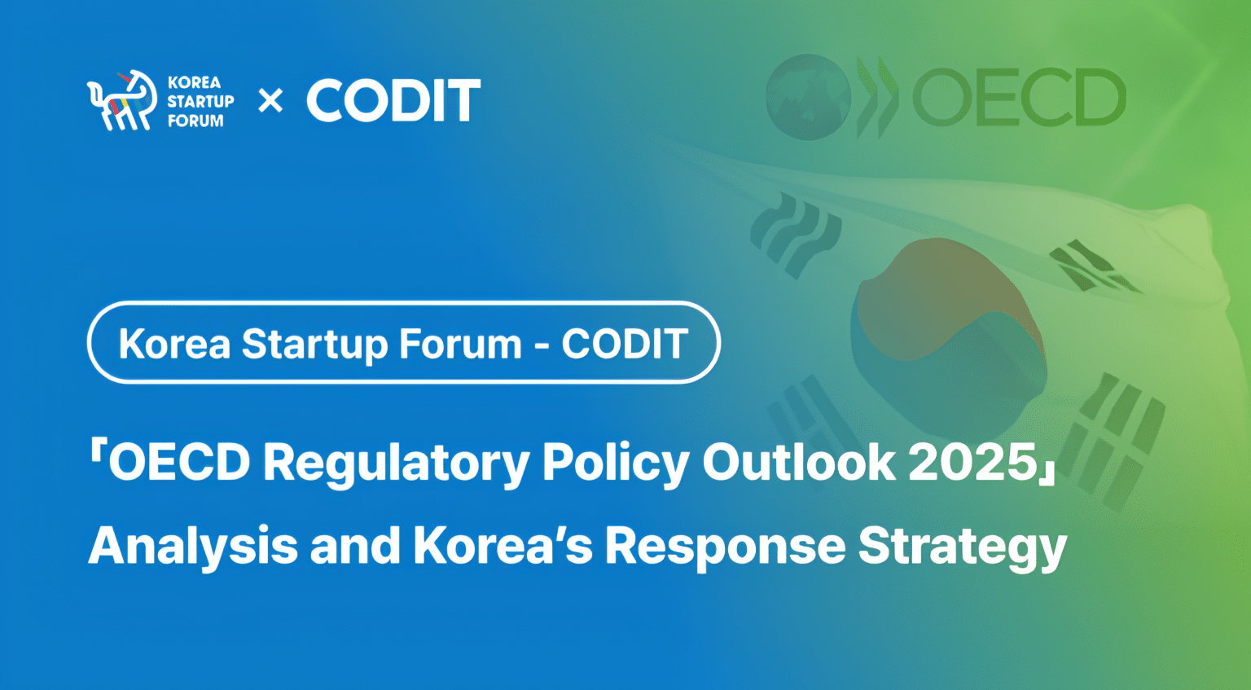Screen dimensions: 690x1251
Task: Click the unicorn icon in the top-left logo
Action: pyautogui.click(x=121, y=100)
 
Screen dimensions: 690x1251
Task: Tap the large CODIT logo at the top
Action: pyautogui.click(x=393, y=101)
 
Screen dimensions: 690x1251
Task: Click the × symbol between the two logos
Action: pyautogui.click(x=270, y=101)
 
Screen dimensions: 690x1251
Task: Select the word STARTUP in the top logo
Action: pyautogui.click(x=200, y=101)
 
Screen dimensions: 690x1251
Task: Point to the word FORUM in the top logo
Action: pyautogui.click(x=195, y=121)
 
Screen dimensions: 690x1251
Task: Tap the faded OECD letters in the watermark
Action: pyautogui.click(x=1019, y=98)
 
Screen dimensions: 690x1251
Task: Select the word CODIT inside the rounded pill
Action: pyautogui.click(x=625, y=344)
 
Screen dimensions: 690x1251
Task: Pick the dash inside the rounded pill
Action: pyautogui.click(x=542, y=345)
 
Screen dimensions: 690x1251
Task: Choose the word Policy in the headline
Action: pyautogui.click(x=616, y=463)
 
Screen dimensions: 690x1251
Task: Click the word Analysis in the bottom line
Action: pyautogui.click(x=193, y=546)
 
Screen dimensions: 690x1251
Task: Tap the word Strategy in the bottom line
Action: pyautogui.click(x=962, y=546)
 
